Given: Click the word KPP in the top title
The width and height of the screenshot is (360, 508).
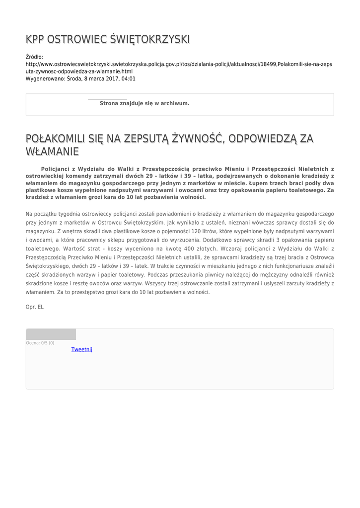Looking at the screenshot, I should (x=35, y=39).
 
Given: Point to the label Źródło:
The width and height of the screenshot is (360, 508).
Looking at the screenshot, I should (x=34, y=57).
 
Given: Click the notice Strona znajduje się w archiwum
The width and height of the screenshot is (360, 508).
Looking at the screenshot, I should (x=144, y=103).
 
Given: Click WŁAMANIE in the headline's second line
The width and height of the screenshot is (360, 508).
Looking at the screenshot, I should (x=53, y=150).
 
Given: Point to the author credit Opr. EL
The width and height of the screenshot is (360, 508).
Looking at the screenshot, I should (x=35, y=307).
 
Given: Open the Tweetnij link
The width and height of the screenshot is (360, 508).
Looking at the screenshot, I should (x=82, y=349).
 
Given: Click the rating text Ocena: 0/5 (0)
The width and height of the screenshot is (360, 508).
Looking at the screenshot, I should (x=40, y=343).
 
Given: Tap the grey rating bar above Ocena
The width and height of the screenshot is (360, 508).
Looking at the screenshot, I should (x=51, y=334).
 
